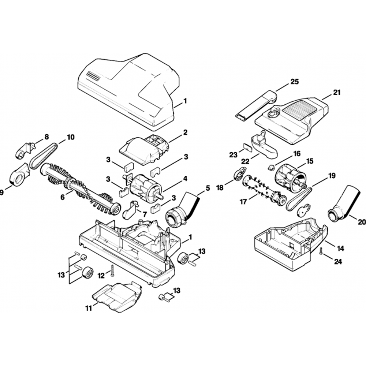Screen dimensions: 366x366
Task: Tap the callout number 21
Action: (336, 93)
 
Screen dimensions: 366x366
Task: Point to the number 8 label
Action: (46, 137)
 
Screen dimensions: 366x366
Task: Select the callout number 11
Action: (88, 308)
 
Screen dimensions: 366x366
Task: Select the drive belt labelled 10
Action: (43, 156)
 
